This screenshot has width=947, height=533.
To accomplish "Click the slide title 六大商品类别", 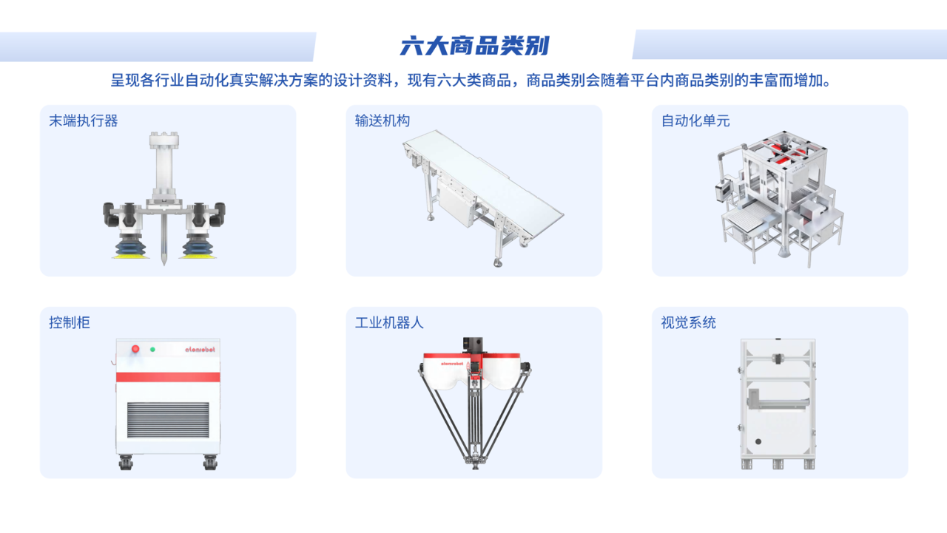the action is (474, 46).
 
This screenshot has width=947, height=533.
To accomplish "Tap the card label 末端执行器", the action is (84, 120).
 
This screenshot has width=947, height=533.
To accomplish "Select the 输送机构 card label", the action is (382, 120).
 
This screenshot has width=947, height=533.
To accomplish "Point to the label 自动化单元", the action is (695, 120).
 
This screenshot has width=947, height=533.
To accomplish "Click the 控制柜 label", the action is (70, 322).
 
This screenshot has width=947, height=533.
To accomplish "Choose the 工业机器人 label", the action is (389, 322).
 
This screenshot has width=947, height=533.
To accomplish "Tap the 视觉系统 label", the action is (688, 322).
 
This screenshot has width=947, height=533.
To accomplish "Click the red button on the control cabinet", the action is (135, 349).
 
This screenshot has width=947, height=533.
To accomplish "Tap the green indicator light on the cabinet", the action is (152, 349).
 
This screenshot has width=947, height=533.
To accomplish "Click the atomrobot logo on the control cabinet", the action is (200, 349).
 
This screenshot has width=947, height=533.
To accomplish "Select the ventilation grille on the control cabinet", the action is (168, 420).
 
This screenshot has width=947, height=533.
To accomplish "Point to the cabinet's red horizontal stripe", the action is (168, 377).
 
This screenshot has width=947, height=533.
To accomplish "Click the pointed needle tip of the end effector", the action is (164, 264).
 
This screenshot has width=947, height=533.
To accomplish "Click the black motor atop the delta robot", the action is (473, 344).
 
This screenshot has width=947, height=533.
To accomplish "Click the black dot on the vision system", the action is (758, 442).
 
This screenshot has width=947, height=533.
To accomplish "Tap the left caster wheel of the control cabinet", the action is (126, 463).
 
